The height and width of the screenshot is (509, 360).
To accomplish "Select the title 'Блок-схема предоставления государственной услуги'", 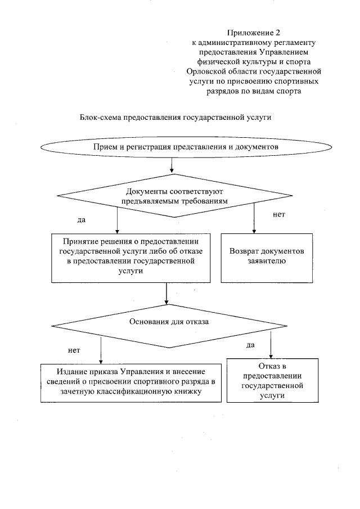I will tap(176, 118).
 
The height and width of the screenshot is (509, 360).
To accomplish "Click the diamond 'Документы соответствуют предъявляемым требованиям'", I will tap(175, 196).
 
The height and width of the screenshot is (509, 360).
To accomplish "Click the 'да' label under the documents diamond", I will tap(81, 218).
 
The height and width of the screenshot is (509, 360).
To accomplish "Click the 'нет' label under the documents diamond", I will tap(278, 214).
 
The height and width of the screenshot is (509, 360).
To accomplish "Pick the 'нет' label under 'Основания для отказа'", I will tap(74, 350).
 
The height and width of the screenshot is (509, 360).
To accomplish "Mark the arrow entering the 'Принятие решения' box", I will tap(117, 220).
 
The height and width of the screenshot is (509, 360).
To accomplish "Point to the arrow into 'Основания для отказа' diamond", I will tap(167, 295).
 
